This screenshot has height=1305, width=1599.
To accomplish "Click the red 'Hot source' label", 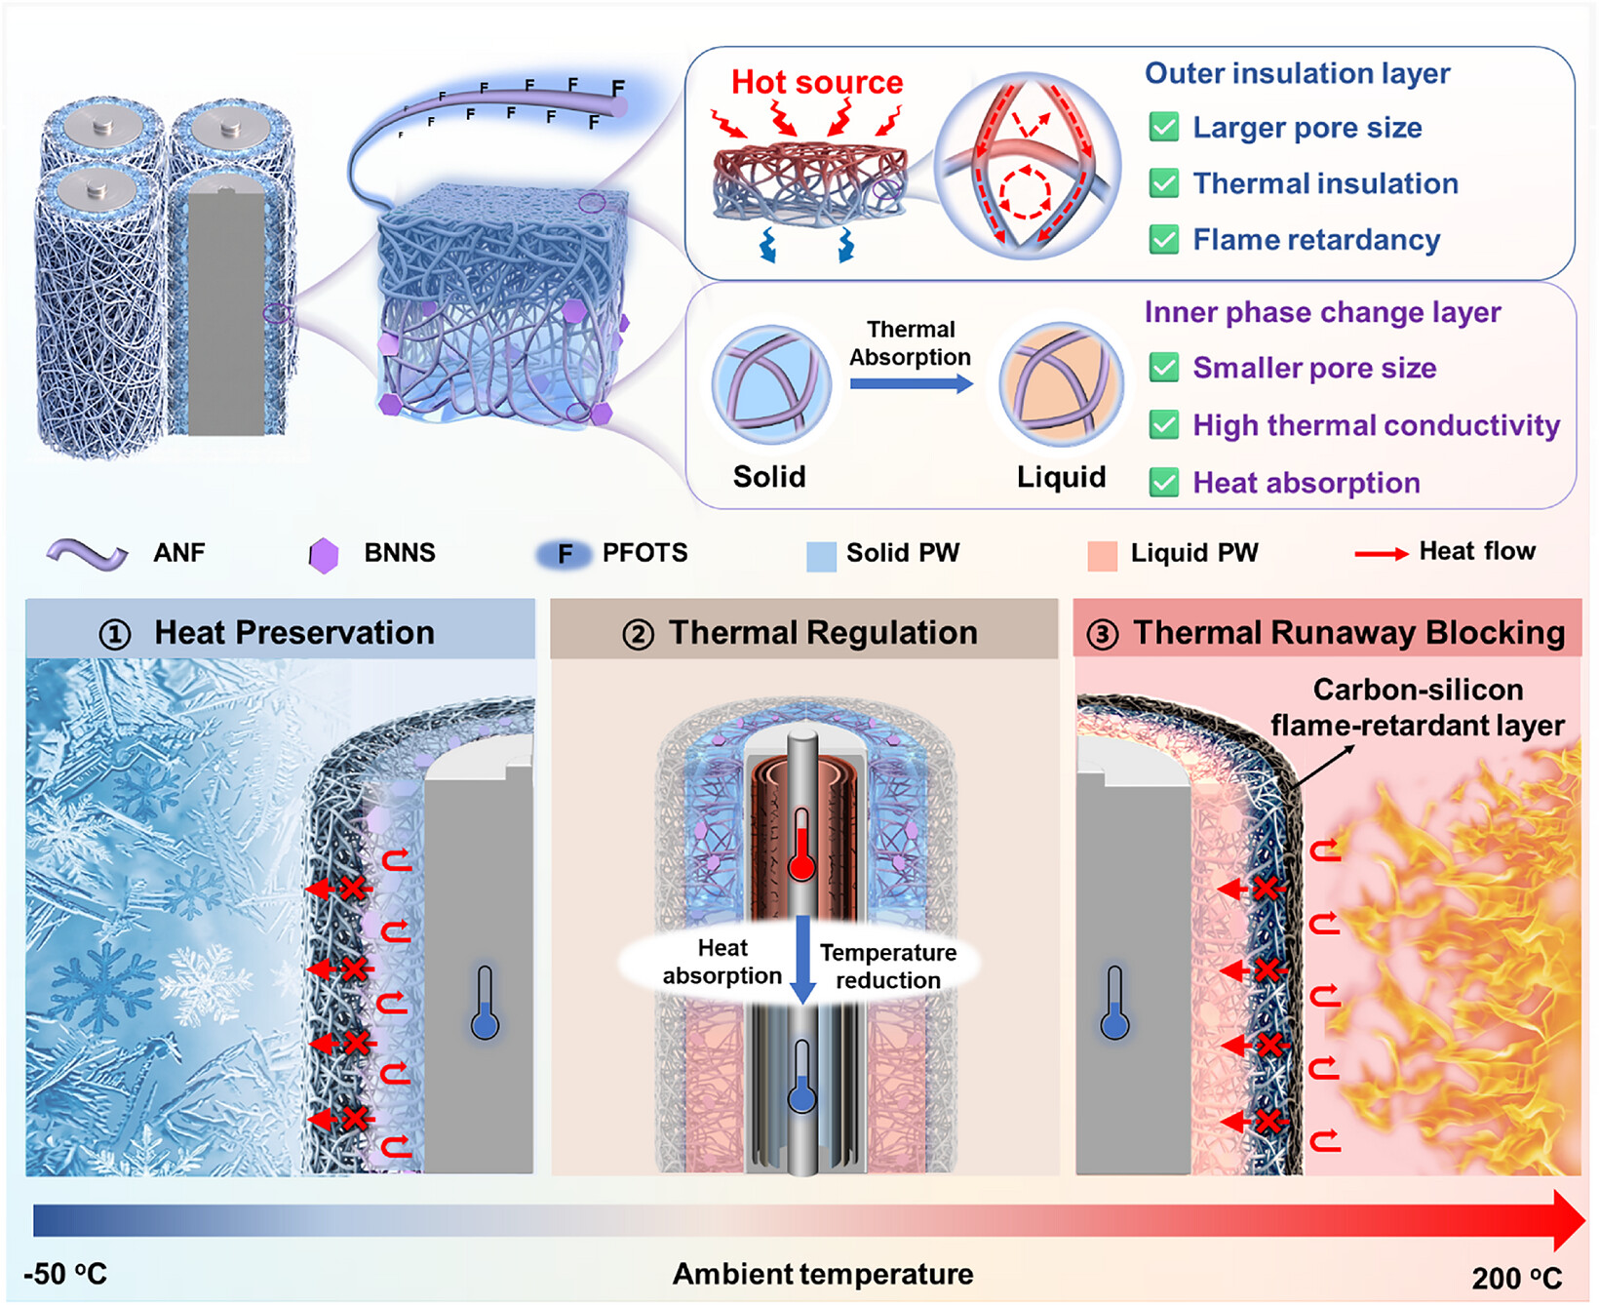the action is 817,82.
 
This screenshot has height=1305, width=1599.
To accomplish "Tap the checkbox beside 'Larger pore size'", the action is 1164,127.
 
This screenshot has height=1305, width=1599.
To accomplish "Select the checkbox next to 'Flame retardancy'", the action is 1164,239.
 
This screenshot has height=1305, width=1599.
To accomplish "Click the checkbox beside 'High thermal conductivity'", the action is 1164,424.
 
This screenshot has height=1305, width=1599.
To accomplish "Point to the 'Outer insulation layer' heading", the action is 1297,73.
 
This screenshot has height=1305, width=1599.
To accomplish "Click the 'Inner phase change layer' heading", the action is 1322,312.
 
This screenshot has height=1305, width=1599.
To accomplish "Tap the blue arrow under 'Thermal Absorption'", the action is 912,383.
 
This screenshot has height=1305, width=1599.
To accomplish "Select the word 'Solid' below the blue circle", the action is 769,476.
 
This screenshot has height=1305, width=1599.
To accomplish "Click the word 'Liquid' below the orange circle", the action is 1061,476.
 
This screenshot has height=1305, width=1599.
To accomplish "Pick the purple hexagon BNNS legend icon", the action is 323,555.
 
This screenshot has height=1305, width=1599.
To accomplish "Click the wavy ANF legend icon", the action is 88,554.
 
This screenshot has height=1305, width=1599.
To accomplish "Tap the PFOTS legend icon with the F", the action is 564,554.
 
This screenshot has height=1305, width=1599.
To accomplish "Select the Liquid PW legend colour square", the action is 1102,556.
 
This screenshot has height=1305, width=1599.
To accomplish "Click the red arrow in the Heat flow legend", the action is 1382,554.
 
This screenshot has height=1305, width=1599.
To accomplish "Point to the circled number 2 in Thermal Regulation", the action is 638,635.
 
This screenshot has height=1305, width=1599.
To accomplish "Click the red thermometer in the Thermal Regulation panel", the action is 801,845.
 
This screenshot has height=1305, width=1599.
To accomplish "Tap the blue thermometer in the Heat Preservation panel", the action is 485,1003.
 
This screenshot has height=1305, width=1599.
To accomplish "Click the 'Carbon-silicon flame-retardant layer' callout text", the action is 1418,707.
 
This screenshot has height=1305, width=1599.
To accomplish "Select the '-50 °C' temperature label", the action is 65,1274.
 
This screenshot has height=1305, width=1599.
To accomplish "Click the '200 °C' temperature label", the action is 1517,1278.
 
